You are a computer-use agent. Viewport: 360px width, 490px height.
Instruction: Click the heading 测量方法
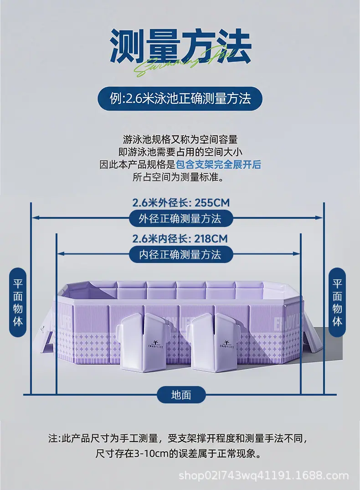point(180,46)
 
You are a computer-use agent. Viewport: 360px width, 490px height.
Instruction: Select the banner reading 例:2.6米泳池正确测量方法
point(180,99)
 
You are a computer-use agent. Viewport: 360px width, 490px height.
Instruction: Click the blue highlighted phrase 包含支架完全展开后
point(218,165)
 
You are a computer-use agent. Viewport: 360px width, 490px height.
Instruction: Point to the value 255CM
point(212,203)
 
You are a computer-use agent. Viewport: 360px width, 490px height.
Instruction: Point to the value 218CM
point(211,239)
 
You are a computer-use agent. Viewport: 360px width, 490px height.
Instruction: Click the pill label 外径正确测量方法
point(180,218)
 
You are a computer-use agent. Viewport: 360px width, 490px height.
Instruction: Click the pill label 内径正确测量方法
point(180,254)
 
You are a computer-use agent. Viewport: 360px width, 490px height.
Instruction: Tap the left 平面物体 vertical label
point(18,302)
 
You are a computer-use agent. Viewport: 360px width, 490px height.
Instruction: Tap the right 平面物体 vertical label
point(337,302)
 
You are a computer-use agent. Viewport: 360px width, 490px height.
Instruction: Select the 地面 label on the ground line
point(181,395)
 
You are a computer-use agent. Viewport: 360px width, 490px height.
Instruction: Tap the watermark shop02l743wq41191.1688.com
point(263,475)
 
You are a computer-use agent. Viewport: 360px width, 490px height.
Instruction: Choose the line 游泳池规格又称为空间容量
point(180,139)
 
